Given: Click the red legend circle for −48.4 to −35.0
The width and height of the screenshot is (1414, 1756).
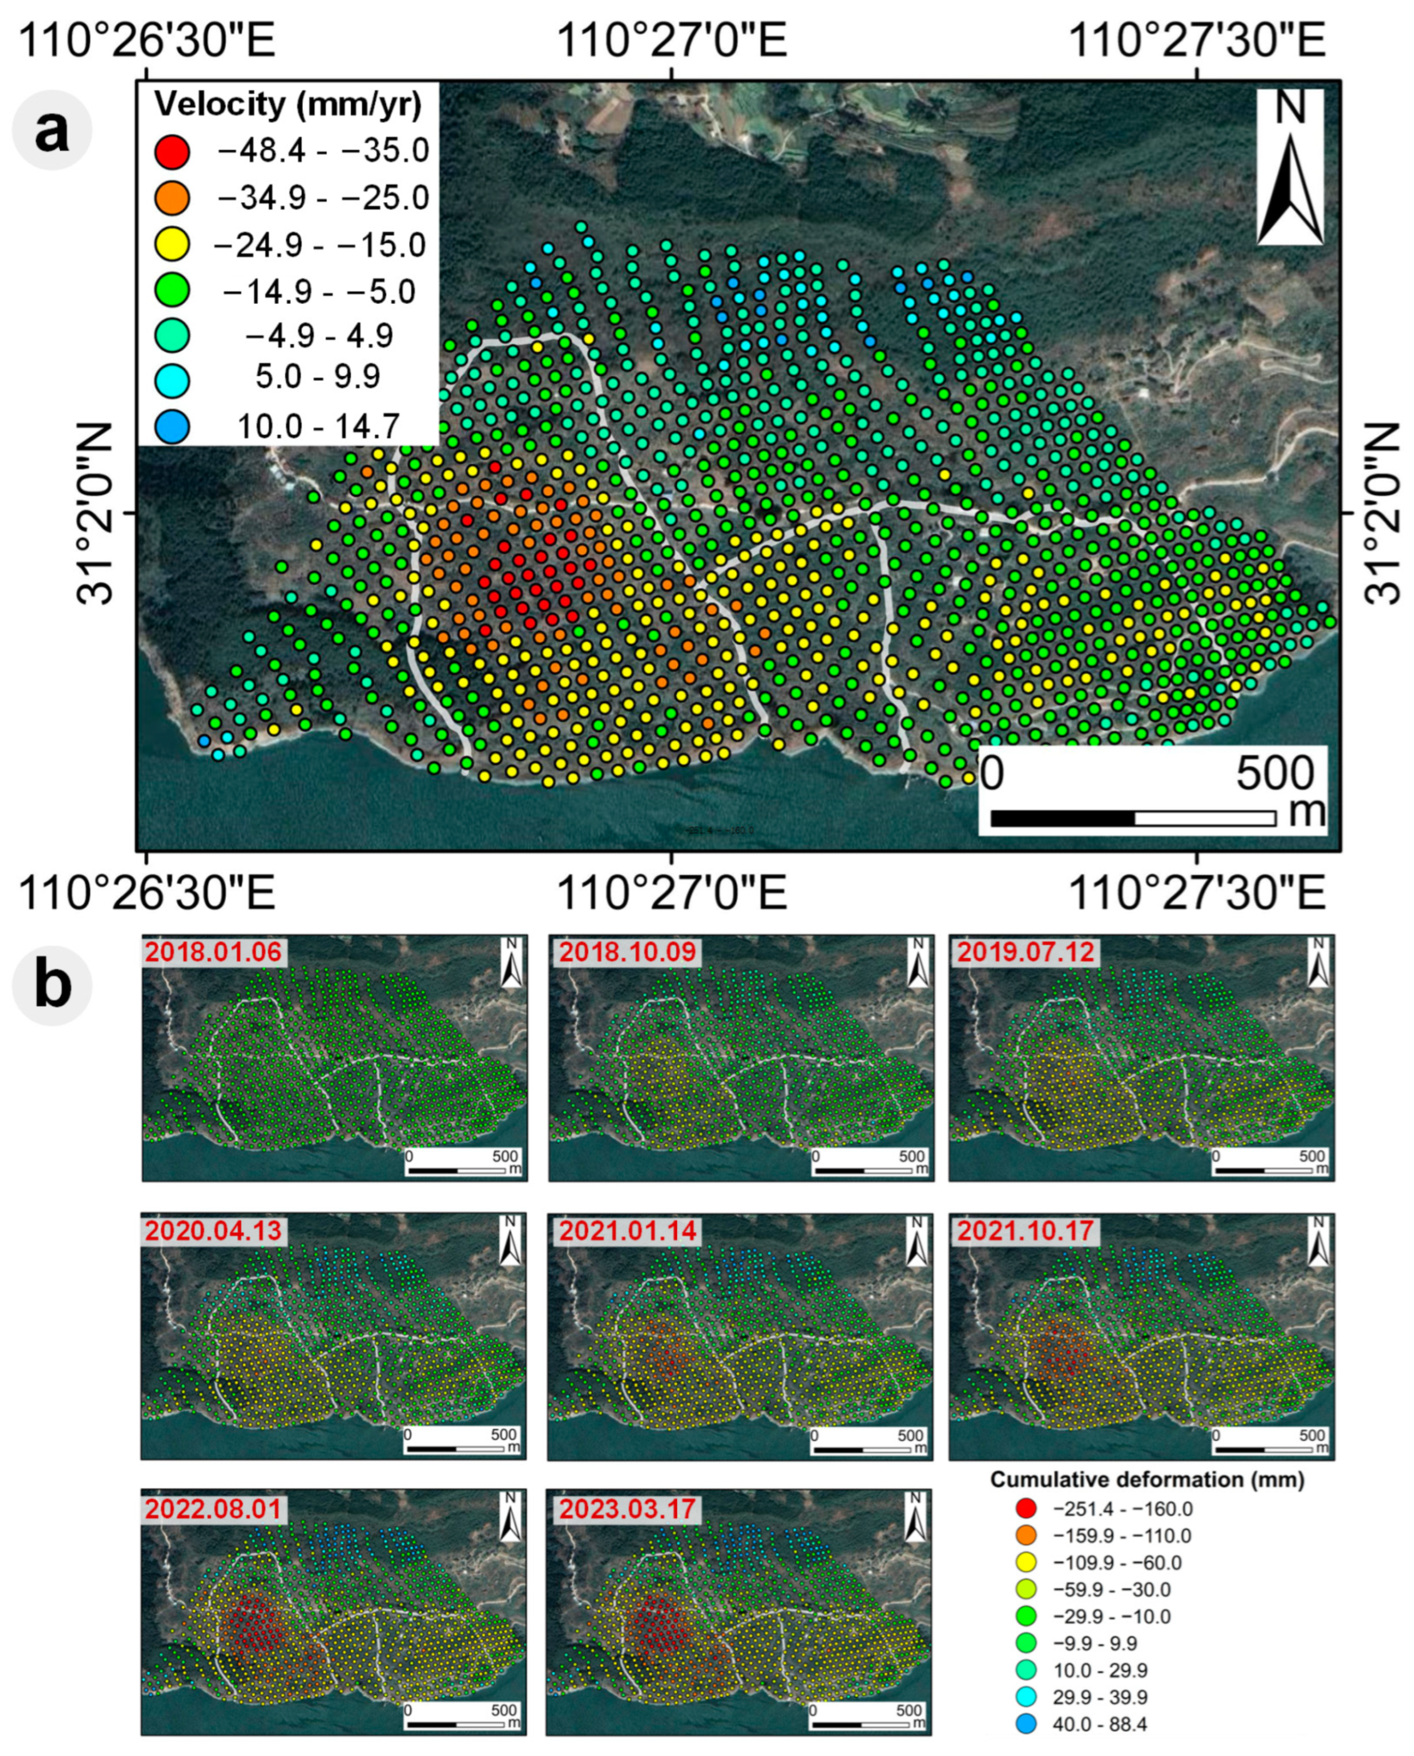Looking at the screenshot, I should pyautogui.click(x=172, y=151).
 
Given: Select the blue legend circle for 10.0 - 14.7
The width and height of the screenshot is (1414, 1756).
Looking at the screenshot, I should pyautogui.click(x=172, y=427).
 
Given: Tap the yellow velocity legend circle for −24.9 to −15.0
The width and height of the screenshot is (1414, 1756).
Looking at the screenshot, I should pyautogui.click(x=172, y=243).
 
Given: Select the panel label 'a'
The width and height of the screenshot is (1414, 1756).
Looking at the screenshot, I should pyautogui.click(x=52, y=130).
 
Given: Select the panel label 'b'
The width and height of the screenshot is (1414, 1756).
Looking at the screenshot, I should pyautogui.click(x=52, y=985).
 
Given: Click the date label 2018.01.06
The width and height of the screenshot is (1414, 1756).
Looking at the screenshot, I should pyautogui.click(x=213, y=952).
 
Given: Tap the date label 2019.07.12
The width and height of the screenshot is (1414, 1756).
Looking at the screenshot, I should pyautogui.click(x=1025, y=952).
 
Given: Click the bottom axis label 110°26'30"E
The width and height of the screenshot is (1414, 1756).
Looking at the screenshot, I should pyautogui.click(x=146, y=893).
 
